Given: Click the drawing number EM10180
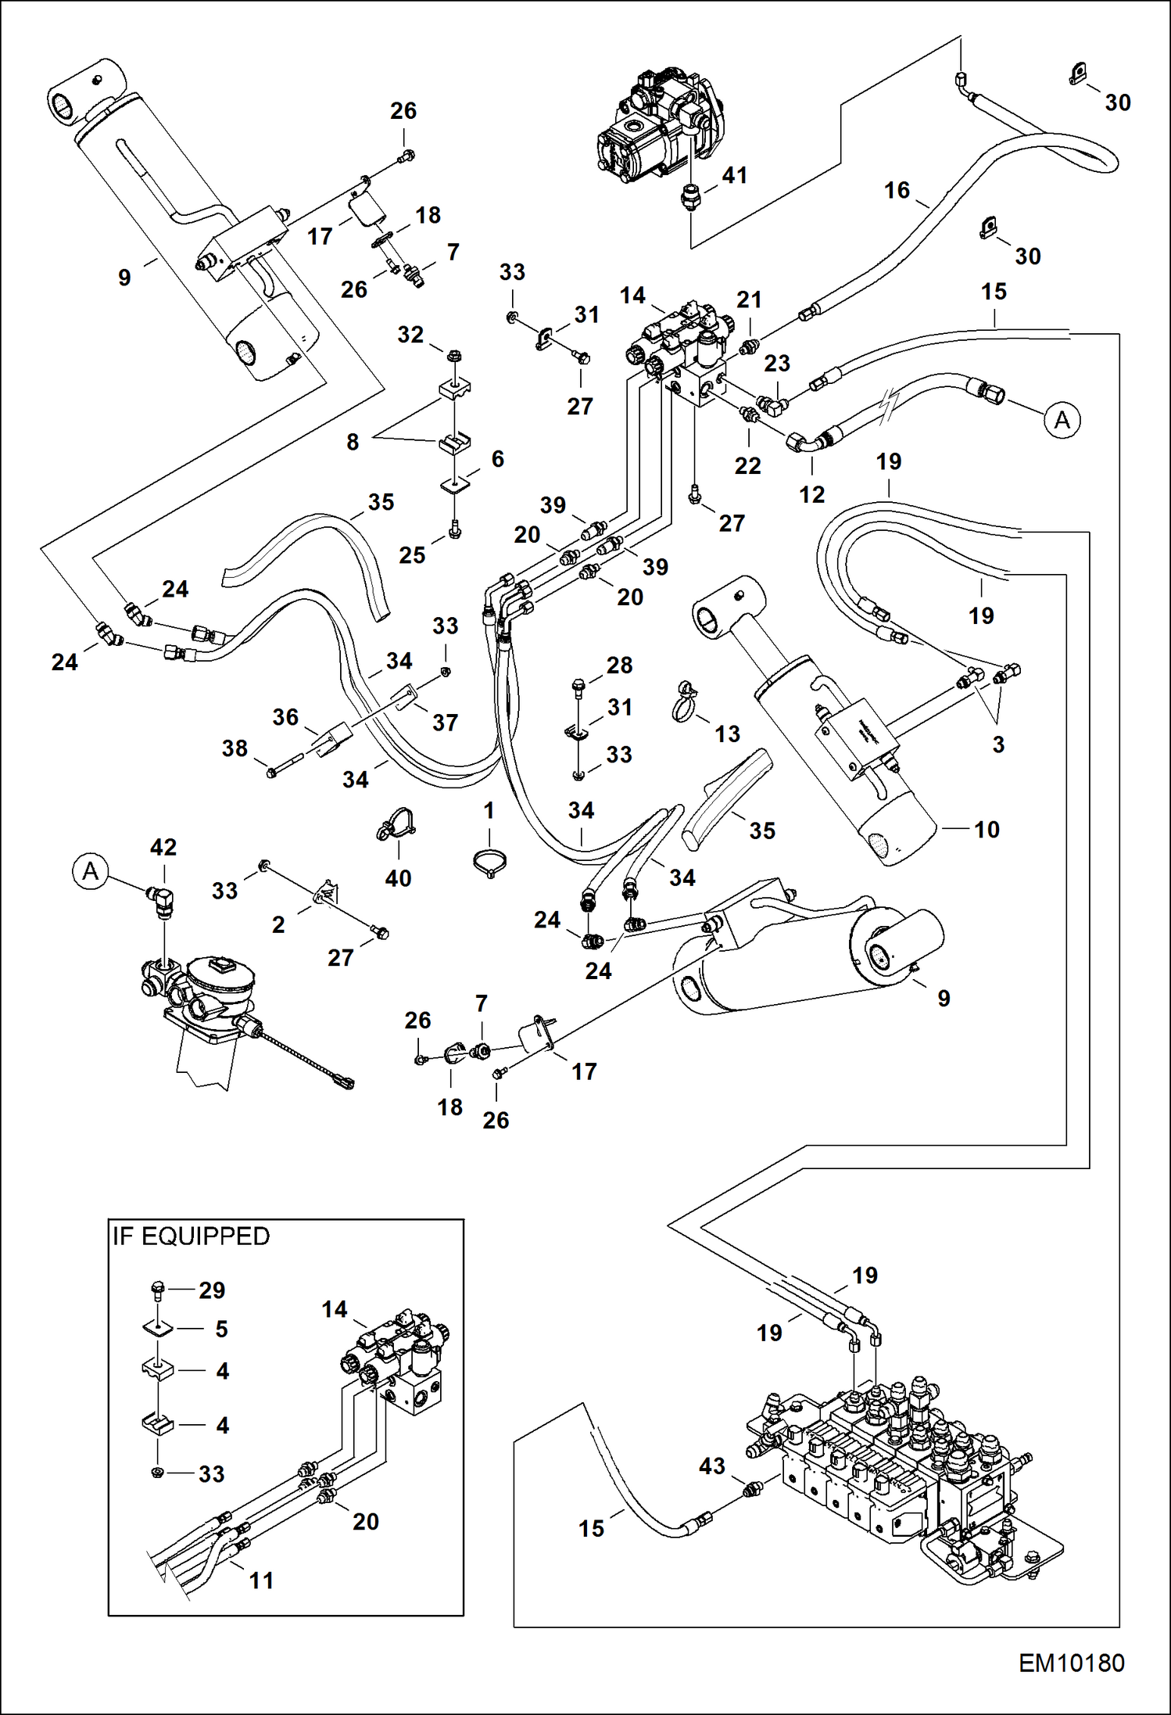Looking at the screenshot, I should click(1071, 1663).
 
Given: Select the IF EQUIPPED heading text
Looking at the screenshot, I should click(192, 1236).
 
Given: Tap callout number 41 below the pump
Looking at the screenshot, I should click(734, 175).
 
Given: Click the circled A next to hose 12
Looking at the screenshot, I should click(1062, 420).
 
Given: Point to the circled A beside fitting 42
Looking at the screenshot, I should click(91, 870).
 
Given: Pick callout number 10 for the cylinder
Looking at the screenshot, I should click(987, 829).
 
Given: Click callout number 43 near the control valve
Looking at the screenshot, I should click(711, 1466).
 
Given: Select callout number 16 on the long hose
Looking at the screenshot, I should click(897, 190).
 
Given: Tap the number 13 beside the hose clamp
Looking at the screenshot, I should click(727, 734).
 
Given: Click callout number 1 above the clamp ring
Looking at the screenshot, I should click(489, 810).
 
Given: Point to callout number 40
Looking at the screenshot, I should click(398, 878).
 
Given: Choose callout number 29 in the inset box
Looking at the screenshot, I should click(212, 1290).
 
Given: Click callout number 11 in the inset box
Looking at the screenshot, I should click(261, 1580).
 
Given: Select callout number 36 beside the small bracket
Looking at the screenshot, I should click(285, 716).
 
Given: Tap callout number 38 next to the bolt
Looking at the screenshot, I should click(235, 748).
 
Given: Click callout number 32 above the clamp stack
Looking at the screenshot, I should click(410, 335).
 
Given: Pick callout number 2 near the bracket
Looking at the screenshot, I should click(278, 924).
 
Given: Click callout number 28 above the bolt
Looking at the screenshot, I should click(619, 665).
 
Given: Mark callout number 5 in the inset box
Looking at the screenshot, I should click(222, 1329).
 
